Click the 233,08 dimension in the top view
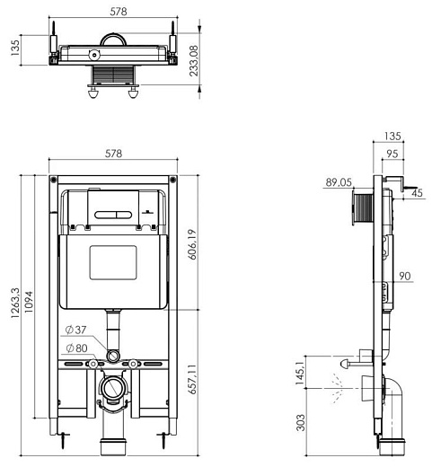coord(194,60)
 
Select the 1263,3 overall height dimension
coord(15,303)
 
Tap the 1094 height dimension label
coord(29,302)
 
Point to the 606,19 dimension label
coord(193,244)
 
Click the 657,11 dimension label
coord(193,379)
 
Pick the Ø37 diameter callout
coord(75,330)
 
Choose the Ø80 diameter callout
coord(76,348)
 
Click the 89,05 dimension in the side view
coord(339,182)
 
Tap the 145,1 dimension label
coord(300,372)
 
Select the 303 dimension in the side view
coord(301,422)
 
